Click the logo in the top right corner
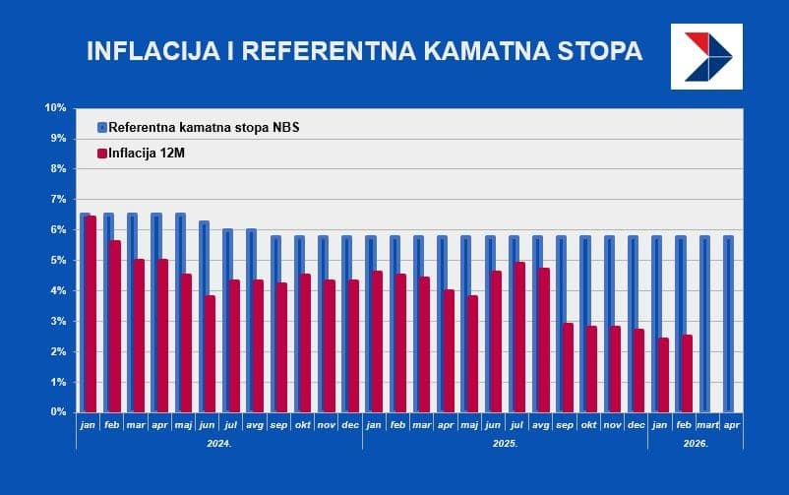[705, 56]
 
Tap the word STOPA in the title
[597, 51]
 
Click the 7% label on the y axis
[56, 199]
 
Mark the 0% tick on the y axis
[56, 412]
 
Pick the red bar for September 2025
[568, 367]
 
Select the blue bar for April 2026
[729, 324]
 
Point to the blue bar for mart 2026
[705, 324]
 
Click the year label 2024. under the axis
[219, 444]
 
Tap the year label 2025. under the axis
[505, 444]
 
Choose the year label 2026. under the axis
[695, 444]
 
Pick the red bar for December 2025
[639, 370]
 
